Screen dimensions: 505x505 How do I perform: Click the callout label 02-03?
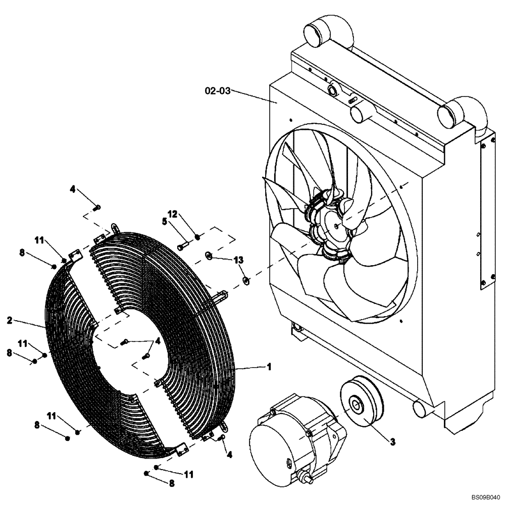pyautogui.click(x=218, y=91)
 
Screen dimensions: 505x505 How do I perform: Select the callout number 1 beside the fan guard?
pyautogui.click(x=269, y=367)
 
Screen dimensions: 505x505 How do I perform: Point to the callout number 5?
pyautogui.click(x=164, y=221)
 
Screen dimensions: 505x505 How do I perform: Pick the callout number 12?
pyautogui.click(x=172, y=214)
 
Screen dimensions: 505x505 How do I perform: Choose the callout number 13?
pyautogui.click(x=238, y=260)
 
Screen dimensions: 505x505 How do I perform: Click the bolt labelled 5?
pyautogui.click(x=183, y=245)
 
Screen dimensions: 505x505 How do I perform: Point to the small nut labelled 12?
pyautogui.click(x=198, y=236)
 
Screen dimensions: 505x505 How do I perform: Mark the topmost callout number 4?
pyautogui.click(x=72, y=189)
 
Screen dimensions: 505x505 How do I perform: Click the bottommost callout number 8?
pyautogui.click(x=171, y=483)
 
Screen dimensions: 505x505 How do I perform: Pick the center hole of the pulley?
pyautogui.click(x=358, y=404)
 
